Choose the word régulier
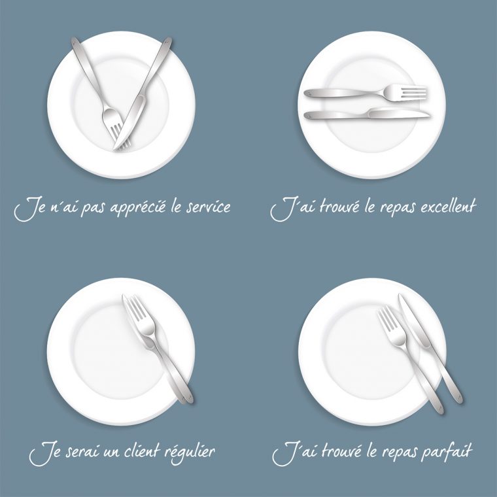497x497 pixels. [x=191, y=453]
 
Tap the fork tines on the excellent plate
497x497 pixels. [x=413, y=93]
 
